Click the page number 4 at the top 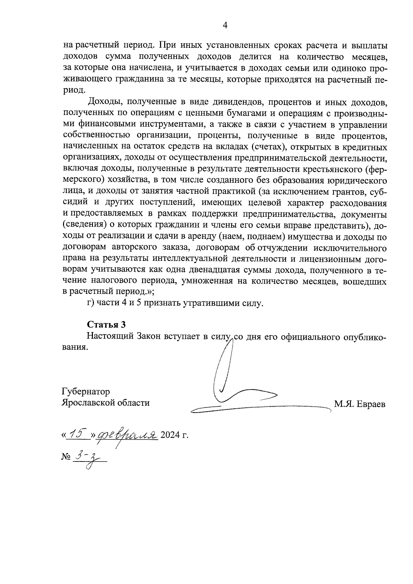click(x=225, y=25)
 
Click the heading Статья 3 click(x=106, y=325)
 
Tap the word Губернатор click(x=86, y=392)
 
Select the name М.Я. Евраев click(x=360, y=404)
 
